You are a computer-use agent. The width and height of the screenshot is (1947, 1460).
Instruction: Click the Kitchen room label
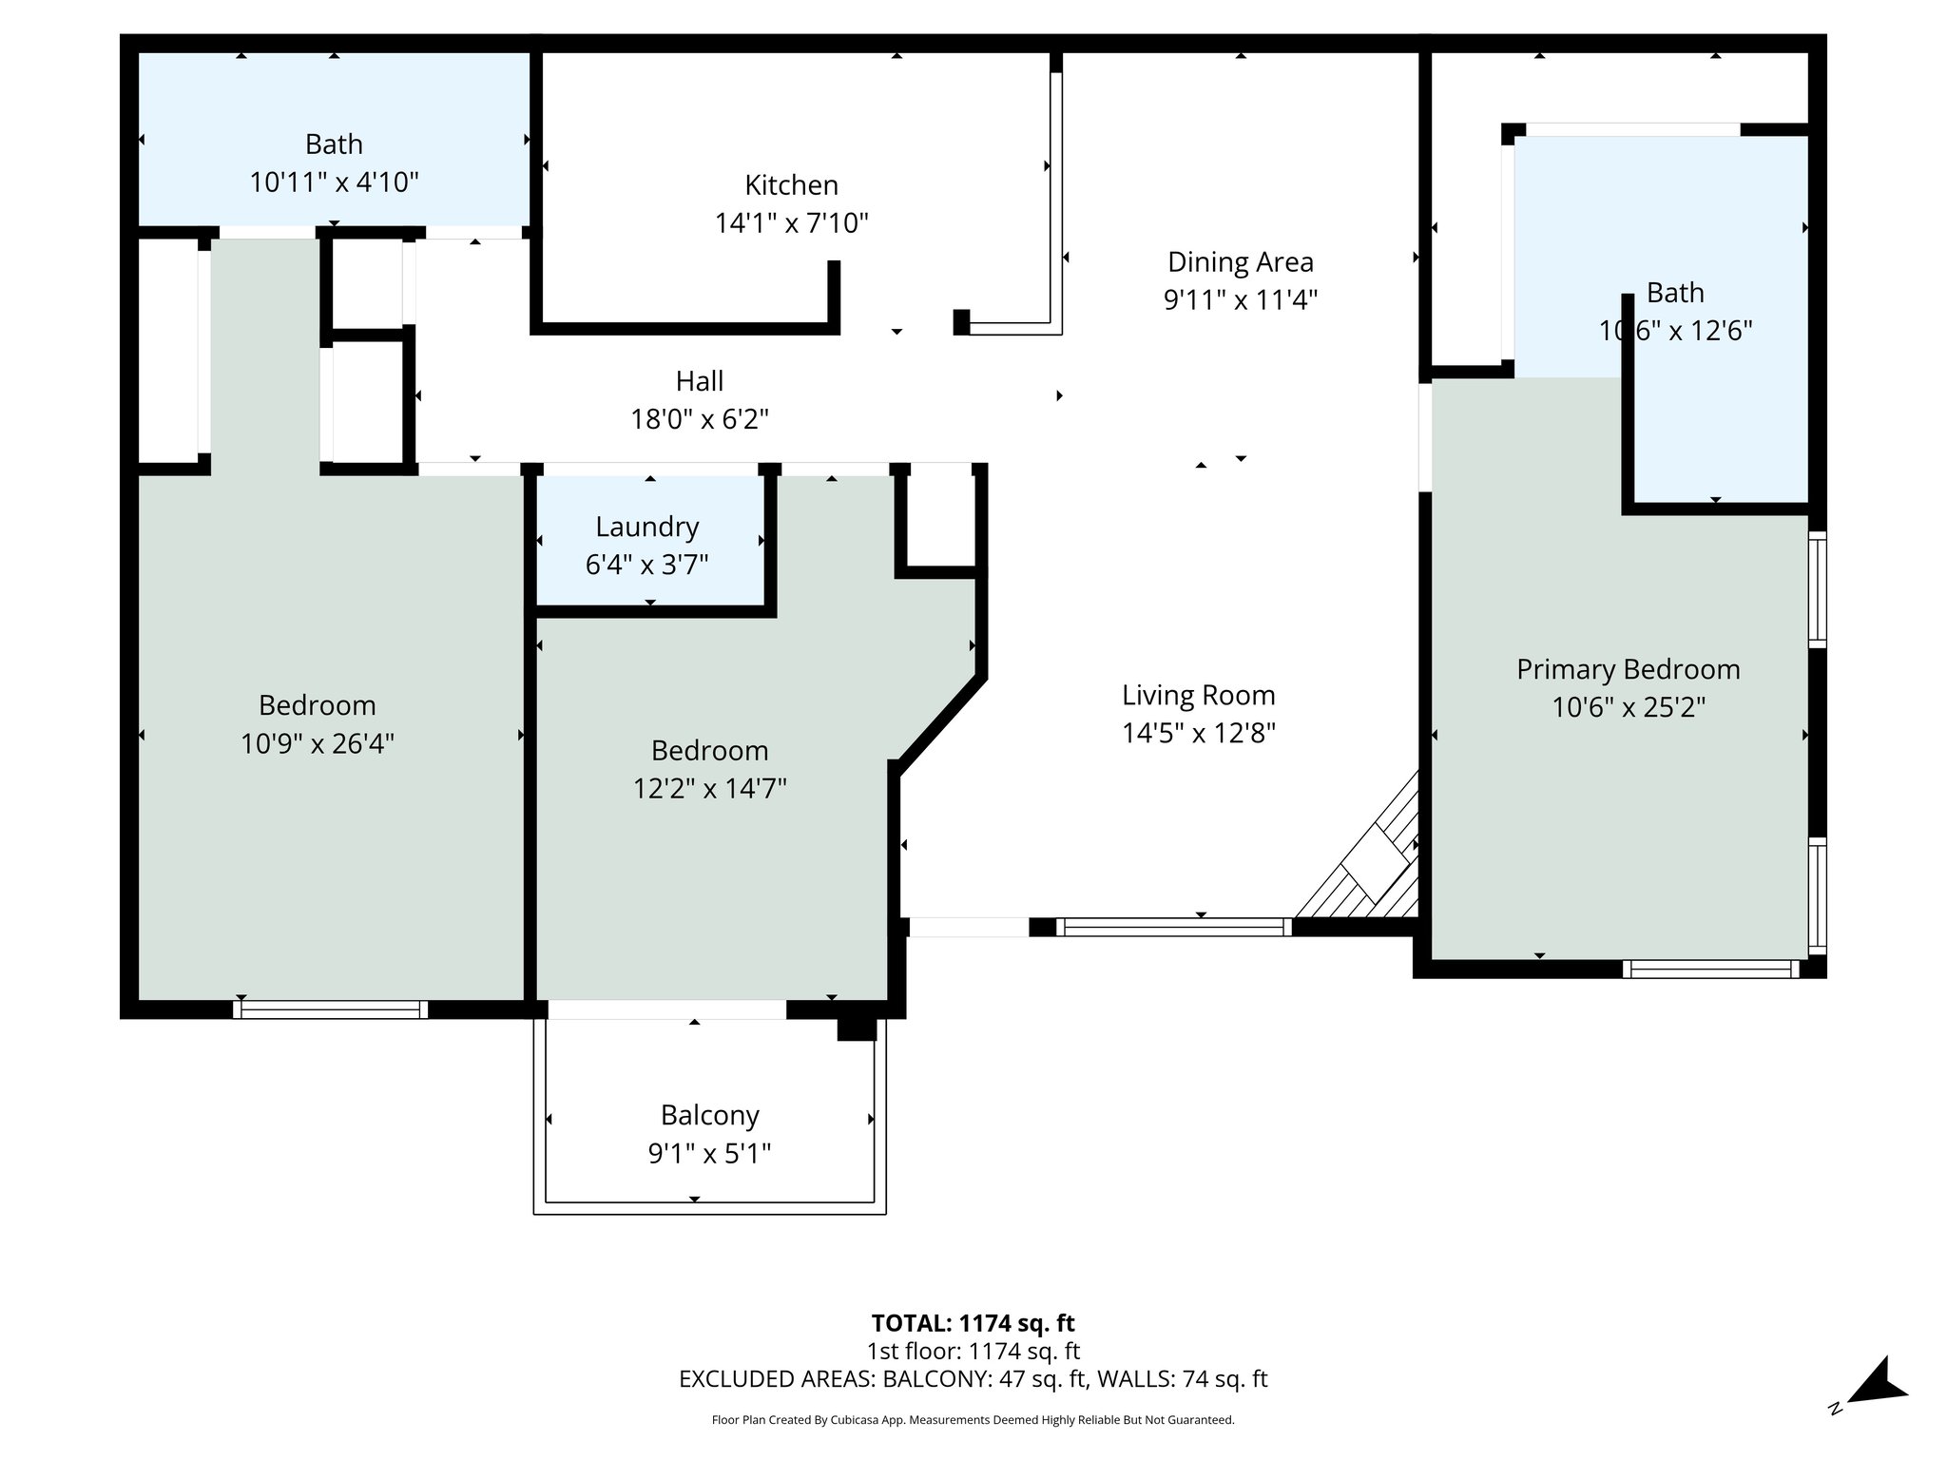(x=791, y=184)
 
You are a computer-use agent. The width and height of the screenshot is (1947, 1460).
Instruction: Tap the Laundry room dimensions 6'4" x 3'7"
(x=646, y=566)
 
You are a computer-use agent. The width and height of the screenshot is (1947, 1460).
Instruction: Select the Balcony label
(x=709, y=1115)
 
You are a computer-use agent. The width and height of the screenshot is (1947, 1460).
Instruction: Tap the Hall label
(x=699, y=381)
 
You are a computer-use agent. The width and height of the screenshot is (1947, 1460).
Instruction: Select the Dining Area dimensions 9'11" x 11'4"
(x=1240, y=300)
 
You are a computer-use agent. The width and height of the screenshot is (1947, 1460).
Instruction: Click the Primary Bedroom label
(x=1628, y=669)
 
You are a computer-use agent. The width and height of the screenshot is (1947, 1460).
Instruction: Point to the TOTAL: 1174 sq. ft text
(x=973, y=1323)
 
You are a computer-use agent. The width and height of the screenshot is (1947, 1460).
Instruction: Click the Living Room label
(x=1198, y=695)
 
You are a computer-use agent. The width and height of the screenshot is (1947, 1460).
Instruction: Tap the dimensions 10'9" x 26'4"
(x=317, y=743)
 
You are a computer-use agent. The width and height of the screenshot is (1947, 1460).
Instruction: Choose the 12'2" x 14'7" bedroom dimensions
(x=709, y=789)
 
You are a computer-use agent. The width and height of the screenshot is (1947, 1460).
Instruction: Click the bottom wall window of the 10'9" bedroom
(x=330, y=1009)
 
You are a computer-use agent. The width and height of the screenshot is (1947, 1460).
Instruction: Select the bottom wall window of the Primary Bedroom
(x=1710, y=970)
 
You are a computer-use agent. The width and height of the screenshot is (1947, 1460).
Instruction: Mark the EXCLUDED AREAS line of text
(x=973, y=1379)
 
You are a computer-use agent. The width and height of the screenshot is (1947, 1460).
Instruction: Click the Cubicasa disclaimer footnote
(x=973, y=1420)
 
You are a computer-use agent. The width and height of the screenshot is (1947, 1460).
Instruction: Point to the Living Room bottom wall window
(x=1173, y=927)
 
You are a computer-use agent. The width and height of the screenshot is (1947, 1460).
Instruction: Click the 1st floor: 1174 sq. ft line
(x=973, y=1351)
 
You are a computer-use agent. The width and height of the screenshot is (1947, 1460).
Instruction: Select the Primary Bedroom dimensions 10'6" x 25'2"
(x=1628, y=708)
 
